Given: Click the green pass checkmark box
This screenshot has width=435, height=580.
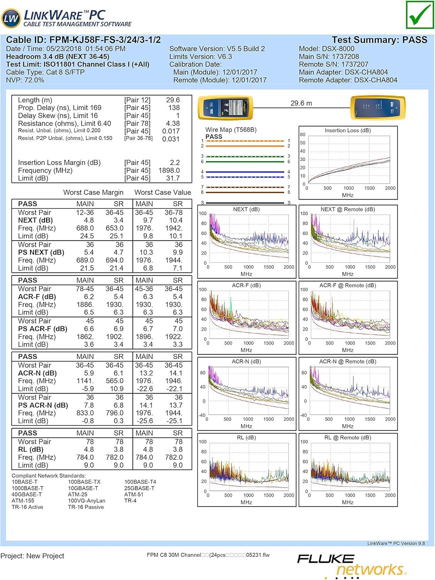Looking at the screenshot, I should coord(420,15).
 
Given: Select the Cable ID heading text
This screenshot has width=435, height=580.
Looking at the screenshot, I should coord(84,40).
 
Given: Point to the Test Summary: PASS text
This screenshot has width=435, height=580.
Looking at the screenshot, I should coord(379,40).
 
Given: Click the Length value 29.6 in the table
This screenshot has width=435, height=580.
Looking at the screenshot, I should coord(173,100).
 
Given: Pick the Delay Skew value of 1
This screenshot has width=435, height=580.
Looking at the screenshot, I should coord(177,116).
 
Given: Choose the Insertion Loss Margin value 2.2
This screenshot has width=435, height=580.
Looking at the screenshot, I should coord(175,163).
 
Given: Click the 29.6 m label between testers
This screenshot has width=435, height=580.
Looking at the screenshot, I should coord(301,103).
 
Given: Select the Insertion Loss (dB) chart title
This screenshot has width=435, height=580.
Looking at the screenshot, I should coord(348,131).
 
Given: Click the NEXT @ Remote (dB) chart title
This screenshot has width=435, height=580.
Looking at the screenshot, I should coord(348,209).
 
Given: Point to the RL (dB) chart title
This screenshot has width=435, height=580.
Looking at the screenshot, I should coord(246,438).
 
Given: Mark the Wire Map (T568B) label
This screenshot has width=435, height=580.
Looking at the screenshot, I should coord(231,130).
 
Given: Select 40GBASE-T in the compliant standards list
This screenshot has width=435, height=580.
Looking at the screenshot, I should coord(27,495).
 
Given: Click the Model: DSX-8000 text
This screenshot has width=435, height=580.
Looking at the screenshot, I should coord(326,49).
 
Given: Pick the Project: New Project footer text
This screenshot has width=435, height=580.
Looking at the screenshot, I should coord(32,556).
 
